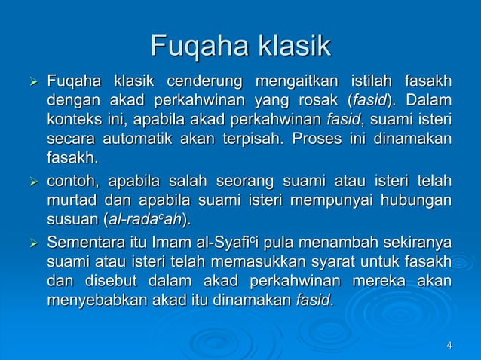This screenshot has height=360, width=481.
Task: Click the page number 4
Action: click(449, 345)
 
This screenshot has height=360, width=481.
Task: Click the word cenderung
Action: click(203, 79)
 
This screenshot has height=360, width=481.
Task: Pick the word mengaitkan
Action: click(294, 79)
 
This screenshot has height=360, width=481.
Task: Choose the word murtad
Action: click(71, 201)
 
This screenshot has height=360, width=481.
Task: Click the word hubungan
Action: click(415, 201)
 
